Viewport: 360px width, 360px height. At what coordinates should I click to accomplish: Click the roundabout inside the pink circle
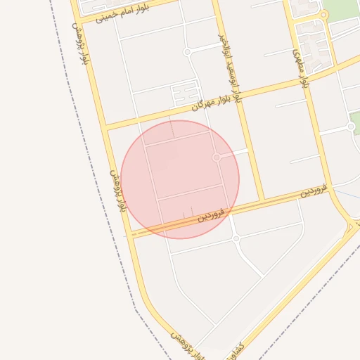(x=217, y=157)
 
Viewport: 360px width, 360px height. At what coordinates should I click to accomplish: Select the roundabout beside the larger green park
(x=323, y=15)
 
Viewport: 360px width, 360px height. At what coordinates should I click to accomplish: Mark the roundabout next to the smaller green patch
(x=351, y=127)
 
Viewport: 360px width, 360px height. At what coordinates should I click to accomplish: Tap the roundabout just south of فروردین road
(x=236, y=238)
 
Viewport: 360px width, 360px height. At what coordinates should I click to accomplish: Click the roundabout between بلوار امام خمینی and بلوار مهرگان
(x=187, y=52)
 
